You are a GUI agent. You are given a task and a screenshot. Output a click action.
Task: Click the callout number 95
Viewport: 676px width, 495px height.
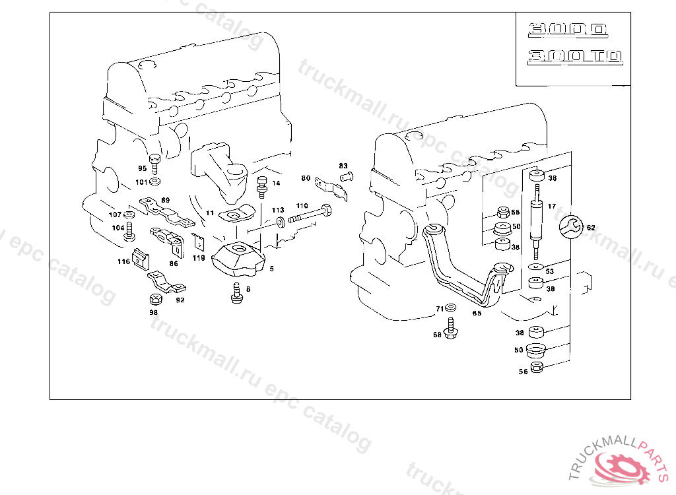click(x=142, y=169)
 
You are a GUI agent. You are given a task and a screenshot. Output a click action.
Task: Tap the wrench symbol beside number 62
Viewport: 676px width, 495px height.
click(x=570, y=227)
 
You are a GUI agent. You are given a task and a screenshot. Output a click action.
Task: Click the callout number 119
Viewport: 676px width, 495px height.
click(x=199, y=258)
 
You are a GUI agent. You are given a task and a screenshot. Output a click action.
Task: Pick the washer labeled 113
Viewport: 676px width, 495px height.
click(x=281, y=220)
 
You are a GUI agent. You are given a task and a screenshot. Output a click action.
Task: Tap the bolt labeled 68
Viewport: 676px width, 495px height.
click(x=452, y=328)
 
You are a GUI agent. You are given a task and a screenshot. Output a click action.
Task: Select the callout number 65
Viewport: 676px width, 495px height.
click(x=477, y=313)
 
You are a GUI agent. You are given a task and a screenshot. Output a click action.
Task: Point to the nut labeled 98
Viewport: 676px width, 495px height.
click(x=154, y=300)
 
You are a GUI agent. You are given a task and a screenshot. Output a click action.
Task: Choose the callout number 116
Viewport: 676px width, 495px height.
click(x=124, y=262)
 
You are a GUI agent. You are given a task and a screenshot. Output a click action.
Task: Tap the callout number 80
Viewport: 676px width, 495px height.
click(x=305, y=178)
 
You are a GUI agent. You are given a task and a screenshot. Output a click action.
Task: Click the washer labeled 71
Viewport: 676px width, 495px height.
click(x=451, y=308)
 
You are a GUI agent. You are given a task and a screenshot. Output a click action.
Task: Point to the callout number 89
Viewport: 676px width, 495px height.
click(x=165, y=200)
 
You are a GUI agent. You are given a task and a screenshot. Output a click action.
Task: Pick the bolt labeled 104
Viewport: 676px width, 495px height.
click(x=129, y=231)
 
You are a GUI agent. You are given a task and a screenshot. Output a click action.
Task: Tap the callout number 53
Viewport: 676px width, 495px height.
click(x=549, y=271)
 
